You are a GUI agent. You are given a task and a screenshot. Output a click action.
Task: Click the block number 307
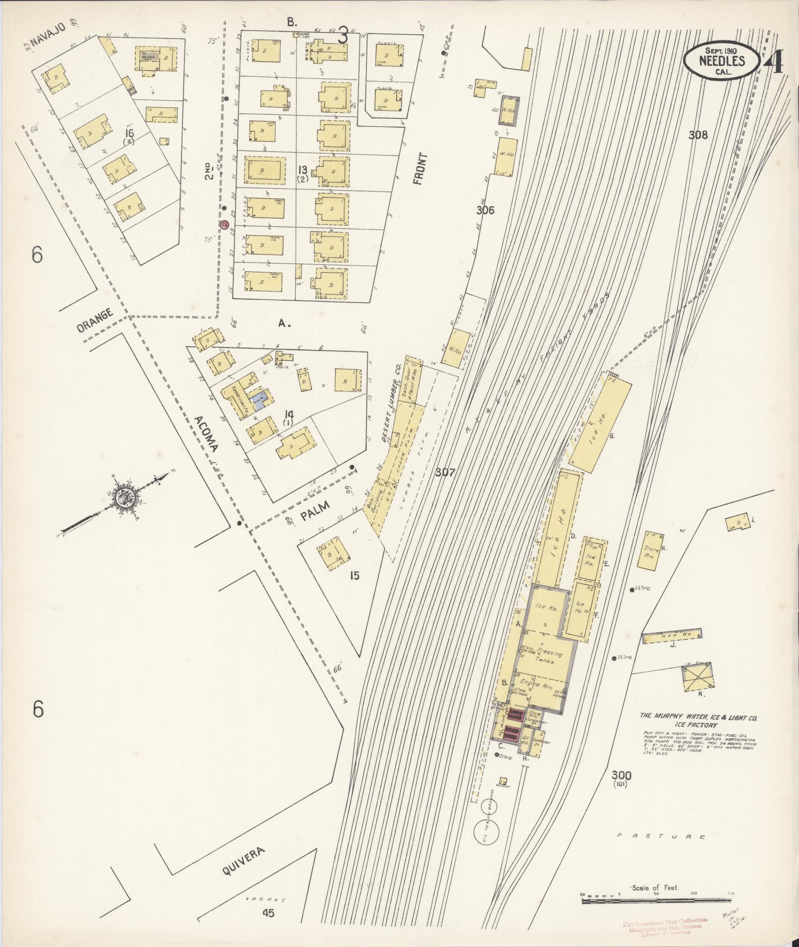pos(445,473)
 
